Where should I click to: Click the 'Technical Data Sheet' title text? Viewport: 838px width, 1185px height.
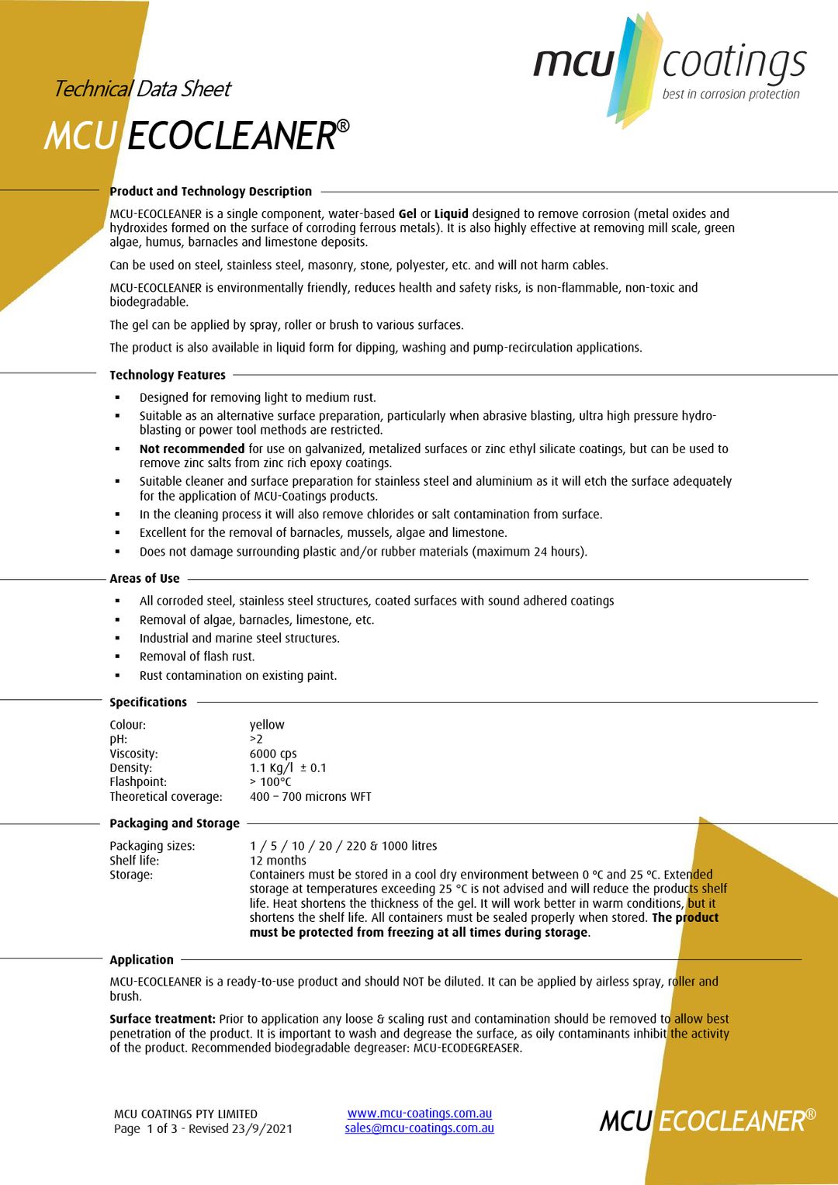pyautogui.click(x=142, y=89)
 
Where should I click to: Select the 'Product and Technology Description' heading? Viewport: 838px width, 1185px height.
pyautogui.click(x=210, y=191)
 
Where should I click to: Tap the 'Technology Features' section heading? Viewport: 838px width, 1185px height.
pyautogui.click(x=168, y=375)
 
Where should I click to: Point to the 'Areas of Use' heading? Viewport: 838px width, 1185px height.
pyautogui.click(x=144, y=578)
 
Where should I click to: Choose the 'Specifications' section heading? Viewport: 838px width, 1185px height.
pyautogui.click(x=148, y=702)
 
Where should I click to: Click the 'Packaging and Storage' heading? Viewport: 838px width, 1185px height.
pyautogui.click(x=175, y=823)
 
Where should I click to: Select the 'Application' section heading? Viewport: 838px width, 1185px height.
pyautogui.click(x=141, y=960)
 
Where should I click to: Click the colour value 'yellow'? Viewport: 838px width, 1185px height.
pyautogui.click(x=267, y=725)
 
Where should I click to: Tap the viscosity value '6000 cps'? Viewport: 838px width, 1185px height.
pyautogui.click(x=273, y=754)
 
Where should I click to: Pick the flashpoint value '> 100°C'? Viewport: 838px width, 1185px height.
pyautogui.click(x=270, y=782)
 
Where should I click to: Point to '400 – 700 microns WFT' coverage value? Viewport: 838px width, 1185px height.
pyautogui.click(x=310, y=797)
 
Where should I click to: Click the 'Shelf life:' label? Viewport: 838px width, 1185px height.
pyautogui.click(x=134, y=861)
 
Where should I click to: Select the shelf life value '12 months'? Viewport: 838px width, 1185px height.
pyautogui.click(x=278, y=861)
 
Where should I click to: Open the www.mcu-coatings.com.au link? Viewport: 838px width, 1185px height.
pyautogui.click(x=420, y=1114)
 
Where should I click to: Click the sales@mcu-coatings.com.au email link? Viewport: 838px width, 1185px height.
pyautogui.click(x=419, y=1128)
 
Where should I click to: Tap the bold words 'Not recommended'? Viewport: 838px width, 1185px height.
pyautogui.click(x=192, y=449)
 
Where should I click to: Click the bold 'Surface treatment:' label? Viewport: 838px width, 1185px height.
pyautogui.click(x=162, y=1019)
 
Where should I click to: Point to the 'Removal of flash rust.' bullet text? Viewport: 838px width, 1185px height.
pyautogui.click(x=197, y=657)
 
